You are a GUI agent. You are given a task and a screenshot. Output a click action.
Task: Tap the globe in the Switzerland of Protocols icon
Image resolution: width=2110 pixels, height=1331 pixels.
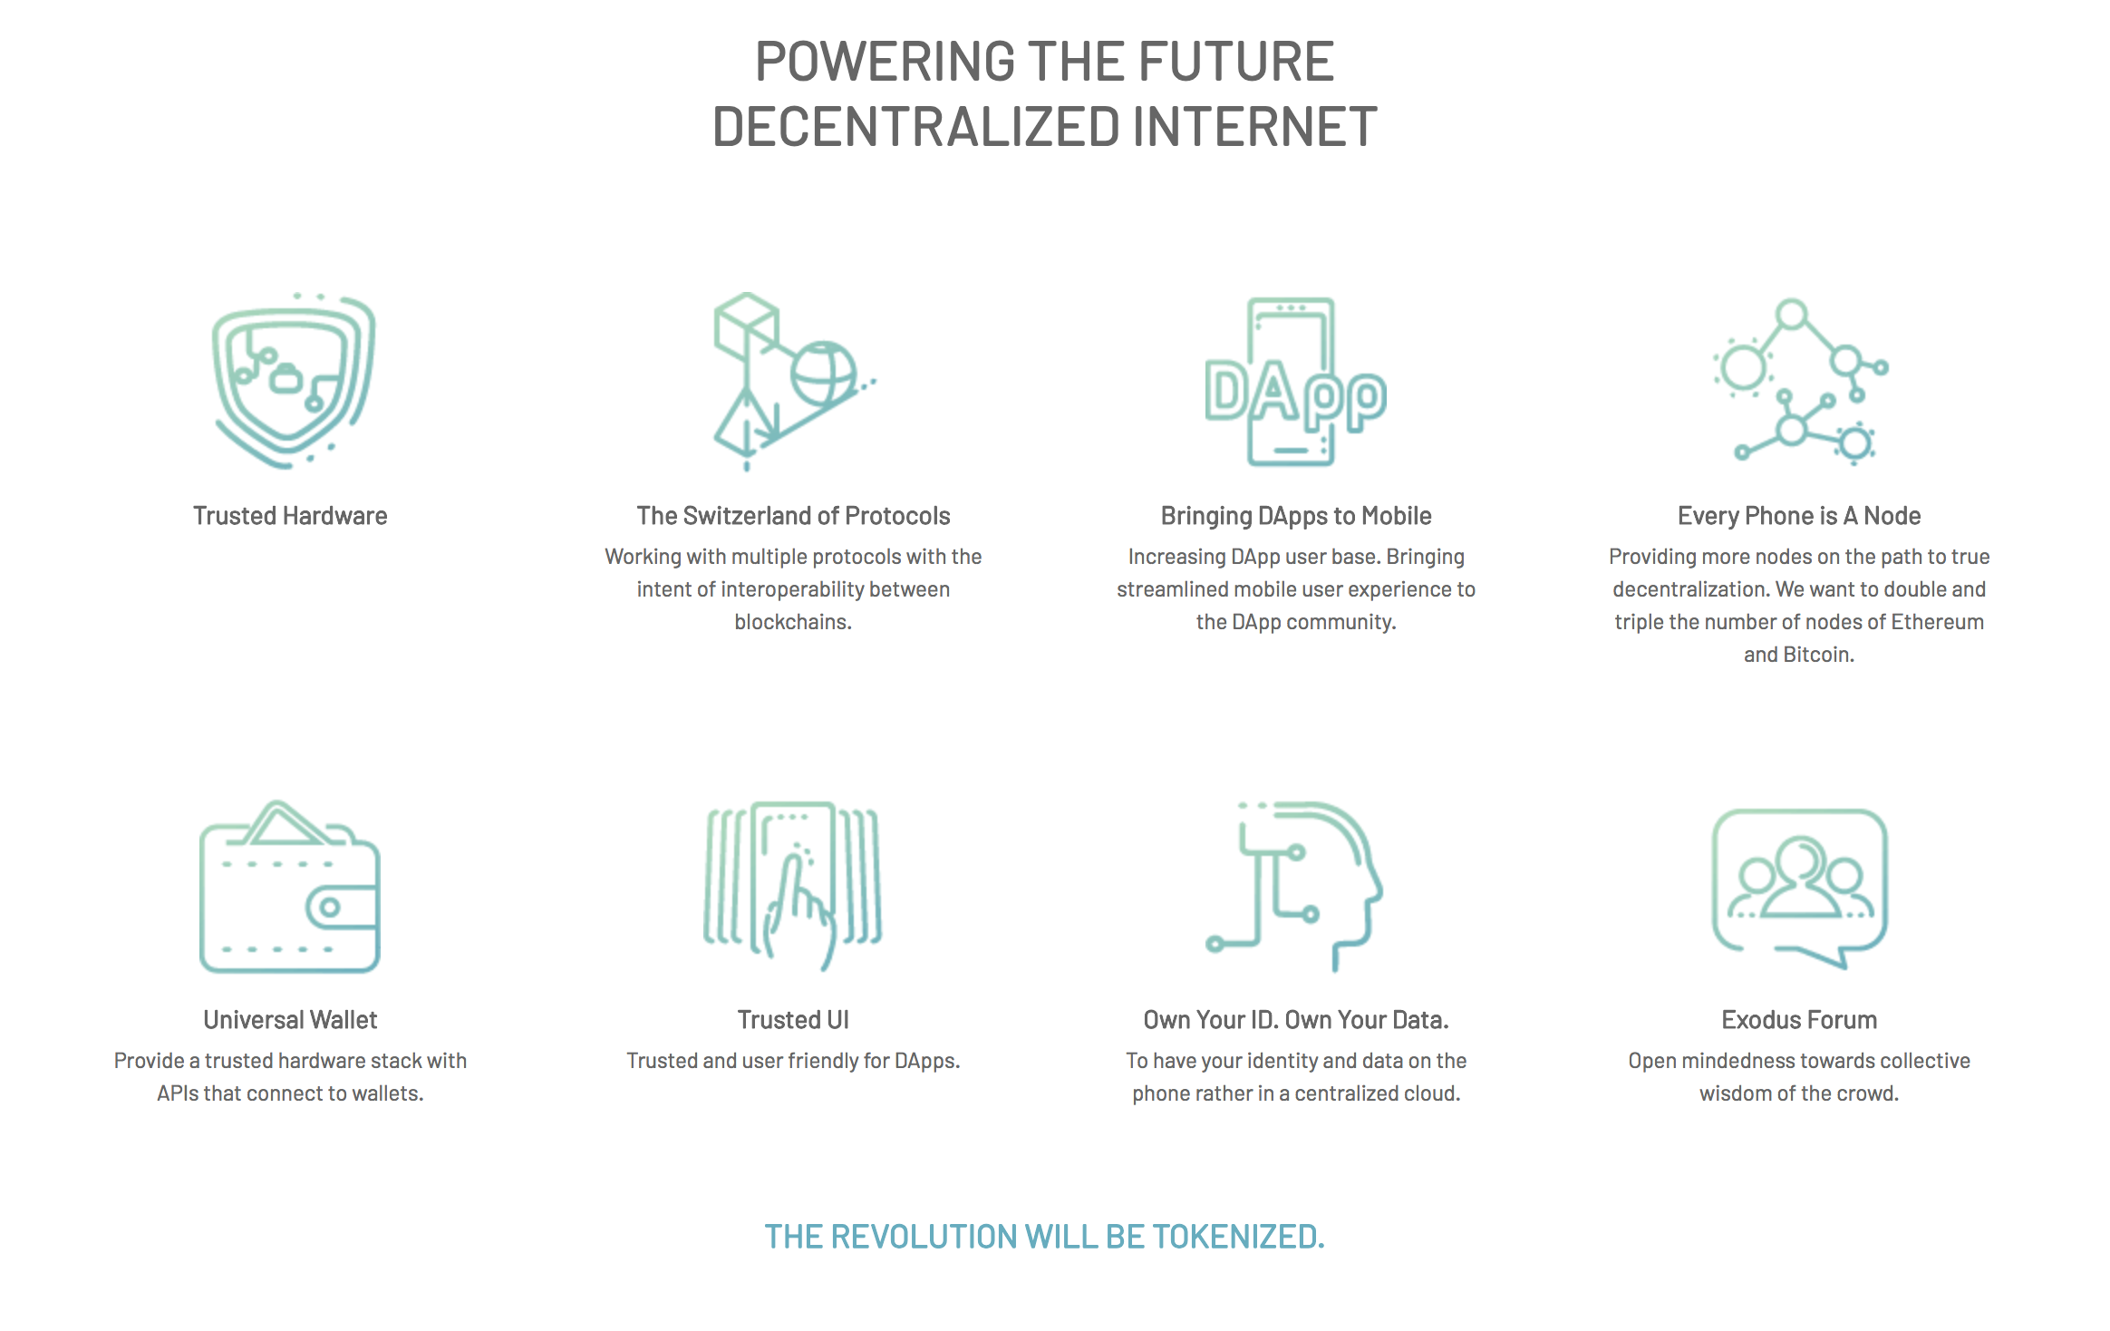823,374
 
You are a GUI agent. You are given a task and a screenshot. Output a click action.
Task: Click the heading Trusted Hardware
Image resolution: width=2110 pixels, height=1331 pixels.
290,516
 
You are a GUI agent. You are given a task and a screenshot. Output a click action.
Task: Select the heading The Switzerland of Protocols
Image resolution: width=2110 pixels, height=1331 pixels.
793,516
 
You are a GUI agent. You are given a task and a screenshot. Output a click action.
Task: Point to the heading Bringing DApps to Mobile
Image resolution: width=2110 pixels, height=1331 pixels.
1296,517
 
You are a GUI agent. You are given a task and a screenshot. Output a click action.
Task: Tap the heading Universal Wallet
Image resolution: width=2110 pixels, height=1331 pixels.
290,1020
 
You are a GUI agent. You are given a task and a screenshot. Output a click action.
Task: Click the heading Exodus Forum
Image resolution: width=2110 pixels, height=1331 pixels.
1799,1020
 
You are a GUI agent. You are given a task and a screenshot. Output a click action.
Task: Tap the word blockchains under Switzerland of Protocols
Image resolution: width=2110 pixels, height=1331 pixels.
793,622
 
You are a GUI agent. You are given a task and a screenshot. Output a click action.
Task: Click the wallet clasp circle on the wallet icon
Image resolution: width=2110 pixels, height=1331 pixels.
330,907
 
